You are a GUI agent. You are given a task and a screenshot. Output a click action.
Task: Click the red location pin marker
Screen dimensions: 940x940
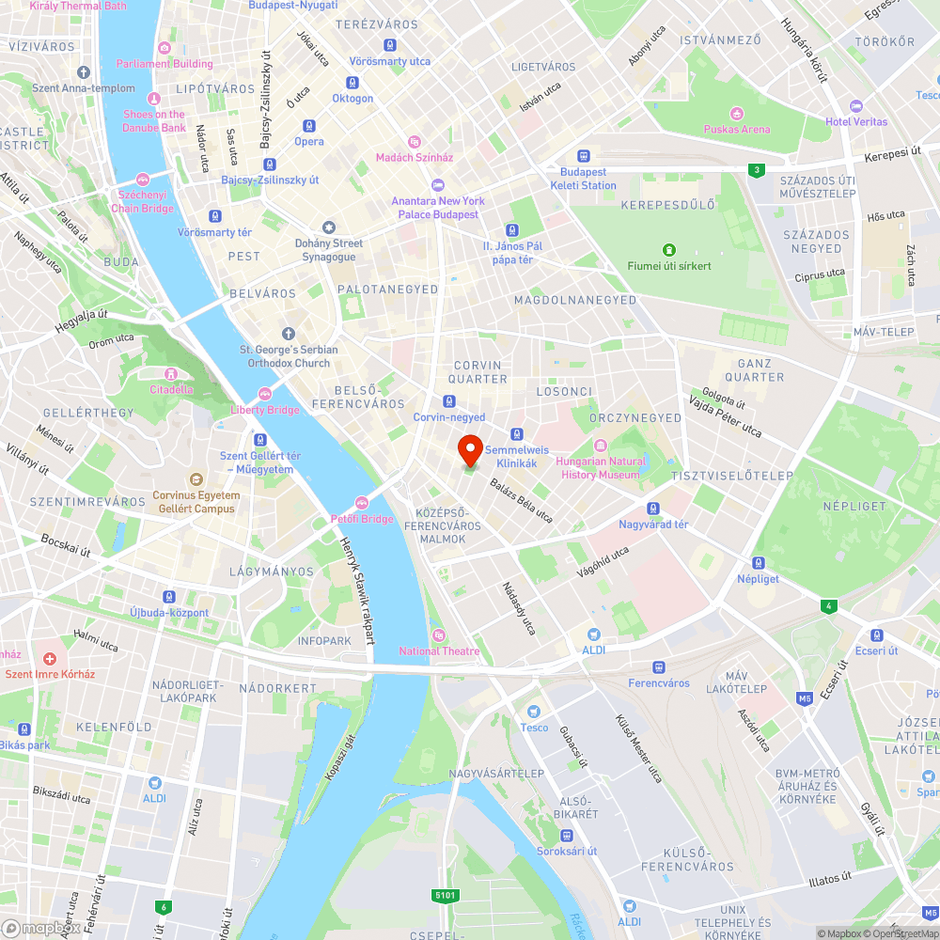470,450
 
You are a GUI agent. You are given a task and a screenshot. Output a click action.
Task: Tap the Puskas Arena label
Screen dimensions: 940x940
738,130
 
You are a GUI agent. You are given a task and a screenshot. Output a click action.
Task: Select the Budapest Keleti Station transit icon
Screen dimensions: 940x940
584,156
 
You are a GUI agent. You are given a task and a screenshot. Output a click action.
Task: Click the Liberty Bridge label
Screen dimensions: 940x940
265,410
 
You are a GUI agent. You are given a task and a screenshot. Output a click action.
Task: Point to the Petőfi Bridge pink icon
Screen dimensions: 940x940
362,503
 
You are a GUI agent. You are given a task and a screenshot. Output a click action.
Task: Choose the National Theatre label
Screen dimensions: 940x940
439,651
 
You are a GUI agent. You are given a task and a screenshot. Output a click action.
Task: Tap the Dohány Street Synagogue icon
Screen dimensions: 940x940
328,227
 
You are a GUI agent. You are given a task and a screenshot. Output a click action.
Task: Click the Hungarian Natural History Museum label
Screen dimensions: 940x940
601,468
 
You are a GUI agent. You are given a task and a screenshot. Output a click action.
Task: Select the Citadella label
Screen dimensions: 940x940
171,389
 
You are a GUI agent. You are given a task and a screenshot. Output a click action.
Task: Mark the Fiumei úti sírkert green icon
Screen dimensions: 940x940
668,250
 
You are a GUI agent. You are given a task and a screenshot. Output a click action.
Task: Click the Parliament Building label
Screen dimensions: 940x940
164,64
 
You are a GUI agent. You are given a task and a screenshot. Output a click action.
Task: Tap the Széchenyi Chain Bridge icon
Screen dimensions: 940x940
143,179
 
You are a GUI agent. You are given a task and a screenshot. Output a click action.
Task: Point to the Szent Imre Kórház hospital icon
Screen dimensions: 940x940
50,659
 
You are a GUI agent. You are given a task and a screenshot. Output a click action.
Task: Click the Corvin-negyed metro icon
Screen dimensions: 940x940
449,401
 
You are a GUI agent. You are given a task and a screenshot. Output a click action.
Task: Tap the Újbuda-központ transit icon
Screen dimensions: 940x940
169,597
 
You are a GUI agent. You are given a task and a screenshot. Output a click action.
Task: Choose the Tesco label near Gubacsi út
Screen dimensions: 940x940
534,728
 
